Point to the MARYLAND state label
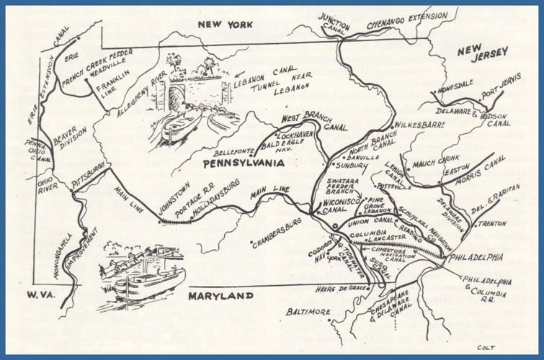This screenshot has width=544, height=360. click(x=220, y=296)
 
